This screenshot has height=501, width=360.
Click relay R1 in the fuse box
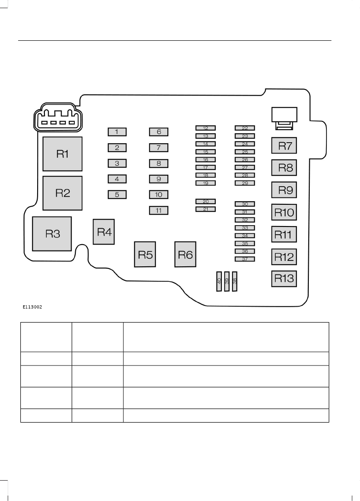pyautogui.click(x=63, y=154)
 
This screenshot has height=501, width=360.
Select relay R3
pyautogui.click(x=52, y=234)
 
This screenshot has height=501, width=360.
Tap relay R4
pyautogui.click(x=104, y=232)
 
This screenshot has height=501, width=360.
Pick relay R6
pyautogui.click(x=185, y=255)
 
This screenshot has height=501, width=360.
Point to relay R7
pyautogui.click(x=284, y=146)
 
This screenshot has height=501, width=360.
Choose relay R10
pyautogui.click(x=284, y=212)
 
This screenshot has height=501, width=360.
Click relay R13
pyautogui.click(x=284, y=278)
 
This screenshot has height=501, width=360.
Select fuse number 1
pyautogui.click(x=117, y=132)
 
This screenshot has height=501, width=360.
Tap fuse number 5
pyautogui.click(x=117, y=195)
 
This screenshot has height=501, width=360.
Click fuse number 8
pyautogui.click(x=159, y=163)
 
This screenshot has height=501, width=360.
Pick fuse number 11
pyautogui.click(x=159, y=210)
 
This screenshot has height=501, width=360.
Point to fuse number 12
pyautogui.click(x=205, y=128)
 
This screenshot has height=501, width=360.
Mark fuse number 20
pyautogui.click(x=205, y=201)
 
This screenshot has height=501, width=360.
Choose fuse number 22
pyautogui.click(x=245, y=128)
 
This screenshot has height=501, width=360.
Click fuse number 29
pyautogui.click(x=245, y=183)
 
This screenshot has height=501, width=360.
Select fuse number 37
pyautogui.click(x=245, y=259)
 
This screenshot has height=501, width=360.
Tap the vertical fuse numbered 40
pyautogui.click(x=219, y=281)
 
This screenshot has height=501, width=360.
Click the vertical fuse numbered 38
pyautogui.click(x=234, y=281)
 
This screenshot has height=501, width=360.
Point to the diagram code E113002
pyautogui.click(x=32, y=307)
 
